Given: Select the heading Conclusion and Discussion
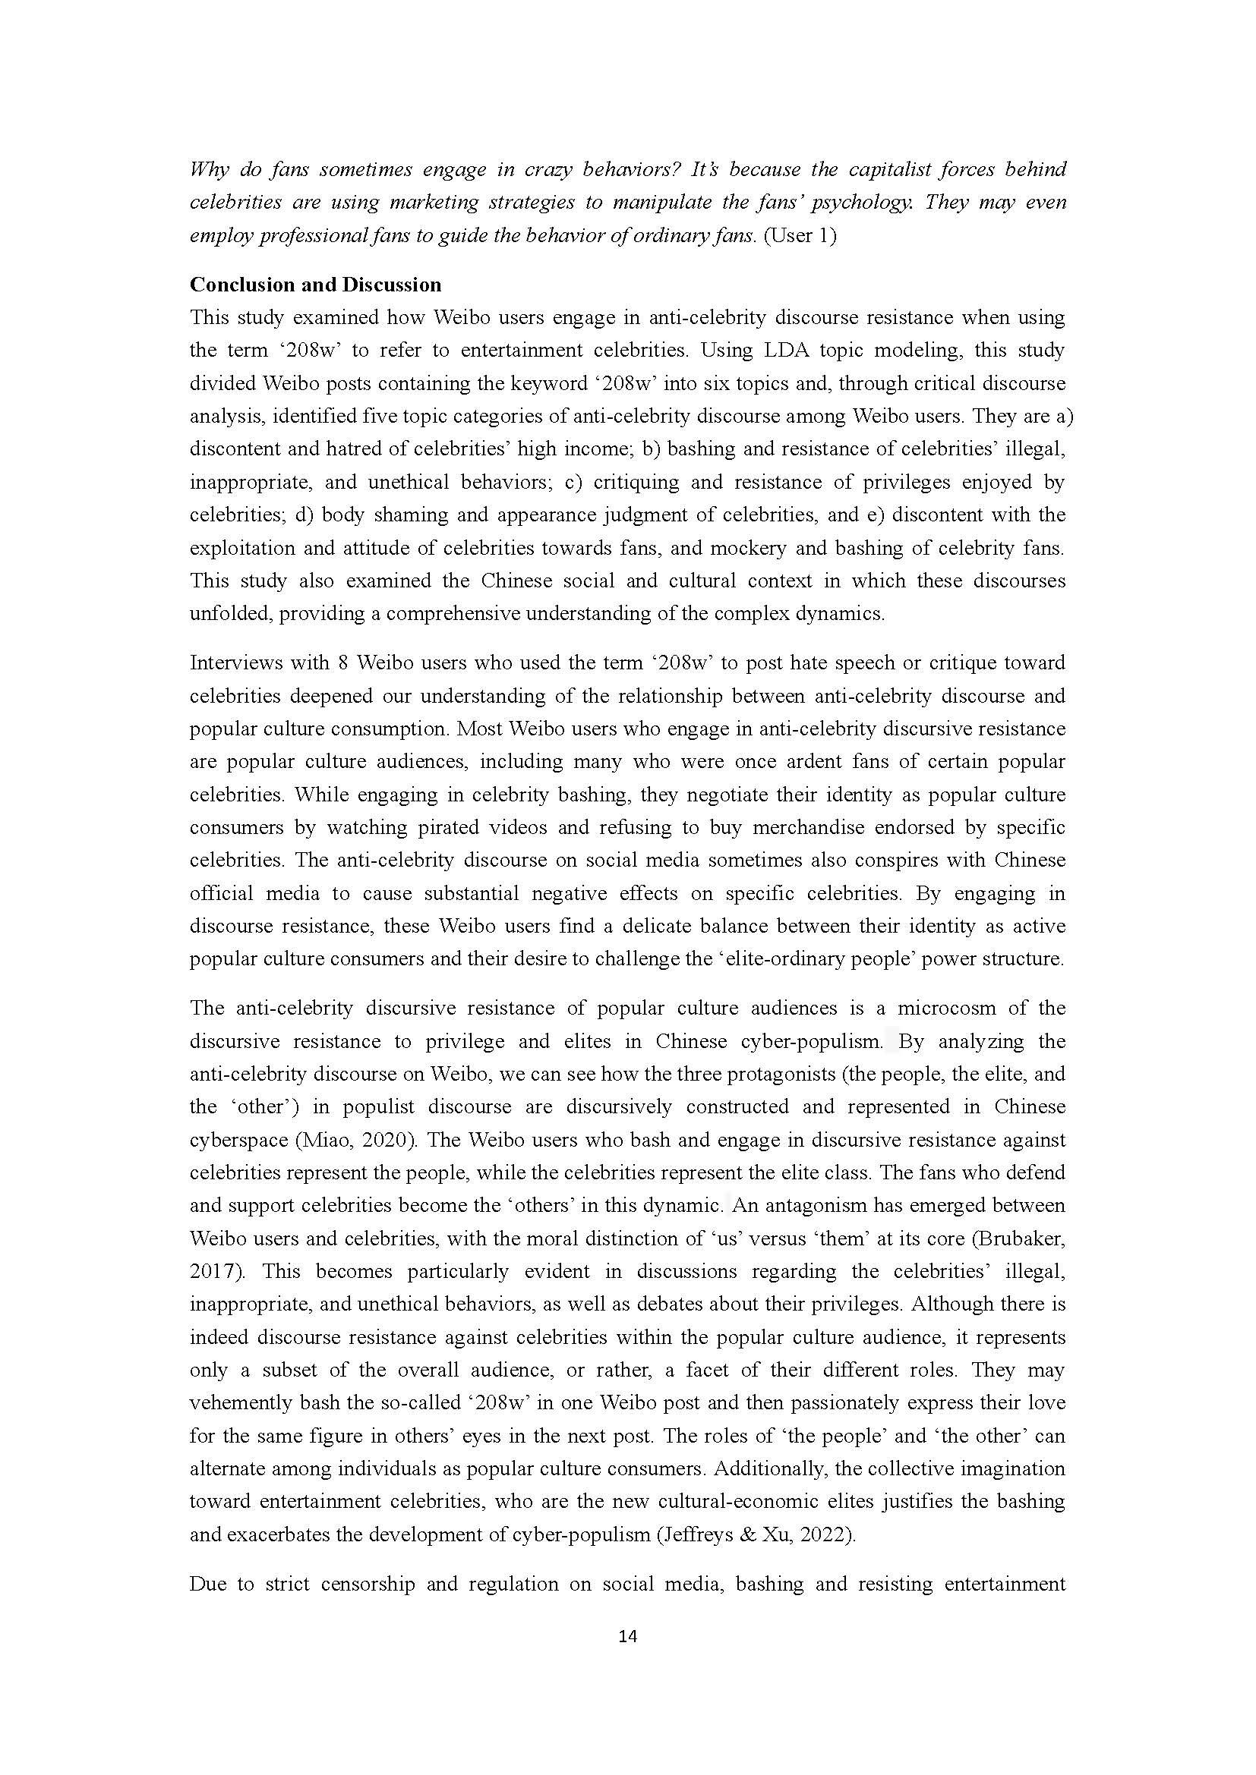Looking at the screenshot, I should click(x=316, y=285).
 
